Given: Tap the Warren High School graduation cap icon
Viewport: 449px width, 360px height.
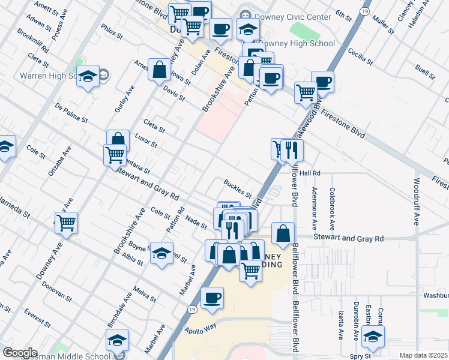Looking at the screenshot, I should click(x=88, y=76).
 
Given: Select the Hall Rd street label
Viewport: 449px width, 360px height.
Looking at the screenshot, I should click(x=310, y=173).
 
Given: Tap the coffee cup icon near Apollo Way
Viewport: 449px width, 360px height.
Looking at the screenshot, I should click(x=211, y=298).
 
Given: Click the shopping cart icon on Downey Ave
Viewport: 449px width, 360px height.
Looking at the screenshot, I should click(x=67, y=223).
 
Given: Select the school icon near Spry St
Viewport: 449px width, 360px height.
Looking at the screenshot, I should click(x=373, y=337).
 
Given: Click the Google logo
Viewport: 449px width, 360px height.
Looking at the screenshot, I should click(x=20, y=353).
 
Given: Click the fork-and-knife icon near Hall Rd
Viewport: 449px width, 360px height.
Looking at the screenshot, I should click(x=292, y=150).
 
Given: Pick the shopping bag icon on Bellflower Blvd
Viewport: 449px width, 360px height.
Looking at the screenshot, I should click(x=283, y=233).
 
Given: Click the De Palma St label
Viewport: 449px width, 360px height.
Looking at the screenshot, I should click(x=71, y=112).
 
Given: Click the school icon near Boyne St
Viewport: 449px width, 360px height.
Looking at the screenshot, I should click(x=161, y=253).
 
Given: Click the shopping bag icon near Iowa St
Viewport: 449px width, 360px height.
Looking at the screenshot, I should click(x=160, y=69).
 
